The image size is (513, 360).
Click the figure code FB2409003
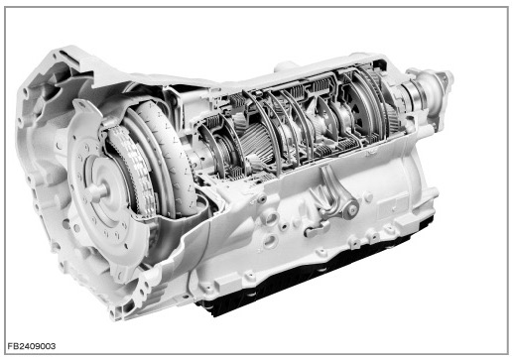pos(32,346)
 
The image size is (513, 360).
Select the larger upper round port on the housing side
pos(272,218)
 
